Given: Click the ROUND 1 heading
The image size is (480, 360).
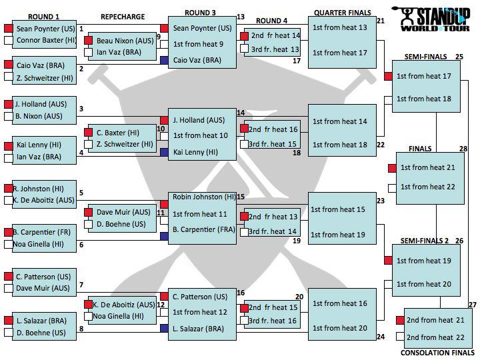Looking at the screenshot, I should click(44, 17).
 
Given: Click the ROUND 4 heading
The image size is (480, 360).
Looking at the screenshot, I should click(272, 21).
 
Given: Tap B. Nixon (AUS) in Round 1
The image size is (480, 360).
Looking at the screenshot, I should click(38, 116).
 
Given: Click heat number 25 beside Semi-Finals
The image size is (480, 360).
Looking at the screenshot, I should click(459, 57).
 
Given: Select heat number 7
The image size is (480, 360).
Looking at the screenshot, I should click(81, 285).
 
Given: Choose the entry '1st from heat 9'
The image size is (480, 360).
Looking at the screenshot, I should click(198, 44).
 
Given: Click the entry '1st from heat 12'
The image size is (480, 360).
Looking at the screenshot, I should click(199, 312).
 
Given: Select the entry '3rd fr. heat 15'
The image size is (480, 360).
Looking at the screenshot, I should click(273, 143).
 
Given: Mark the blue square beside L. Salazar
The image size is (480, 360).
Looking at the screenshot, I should click(164, 328).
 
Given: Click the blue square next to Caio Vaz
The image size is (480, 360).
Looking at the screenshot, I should click(164, 60).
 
